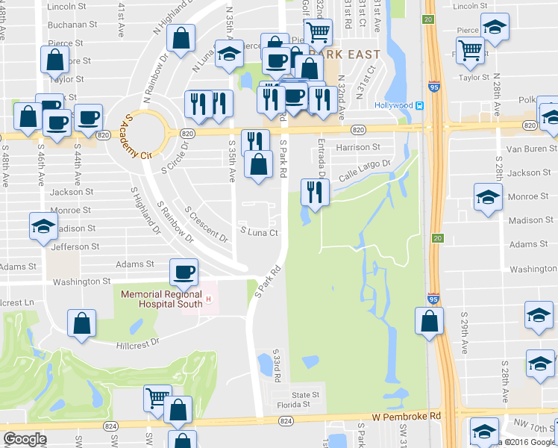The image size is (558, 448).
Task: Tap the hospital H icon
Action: pos(209,300)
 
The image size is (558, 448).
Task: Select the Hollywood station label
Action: pos(394,105)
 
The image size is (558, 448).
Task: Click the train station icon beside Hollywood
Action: pos(421,105)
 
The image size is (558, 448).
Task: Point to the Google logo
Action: pos(25,439)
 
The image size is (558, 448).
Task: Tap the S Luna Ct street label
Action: pos(258,232)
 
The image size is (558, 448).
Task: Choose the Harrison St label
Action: pos(358,148)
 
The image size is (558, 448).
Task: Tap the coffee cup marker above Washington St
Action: pos(184,272)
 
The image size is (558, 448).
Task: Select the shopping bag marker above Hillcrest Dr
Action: pos(82,323)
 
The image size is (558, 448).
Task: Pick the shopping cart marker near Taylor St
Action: pos(470,50)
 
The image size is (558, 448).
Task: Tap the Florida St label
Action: pos(300,405)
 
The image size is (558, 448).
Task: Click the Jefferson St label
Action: pos(75,246)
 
